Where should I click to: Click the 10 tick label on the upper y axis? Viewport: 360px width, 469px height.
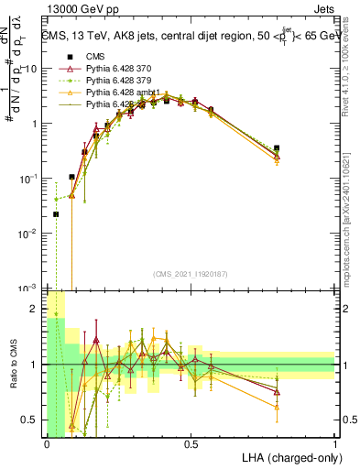point(30,69)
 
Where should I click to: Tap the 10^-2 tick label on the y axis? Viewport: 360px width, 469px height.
point(29,234)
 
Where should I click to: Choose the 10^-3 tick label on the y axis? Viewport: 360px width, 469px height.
point(29,288)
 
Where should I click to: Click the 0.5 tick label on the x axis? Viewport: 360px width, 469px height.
point(191,443)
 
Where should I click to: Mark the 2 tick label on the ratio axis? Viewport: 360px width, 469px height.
point(34,309)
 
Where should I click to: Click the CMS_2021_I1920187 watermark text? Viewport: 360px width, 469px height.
point(190,273)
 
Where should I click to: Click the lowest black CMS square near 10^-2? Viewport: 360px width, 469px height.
point(56,214)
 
